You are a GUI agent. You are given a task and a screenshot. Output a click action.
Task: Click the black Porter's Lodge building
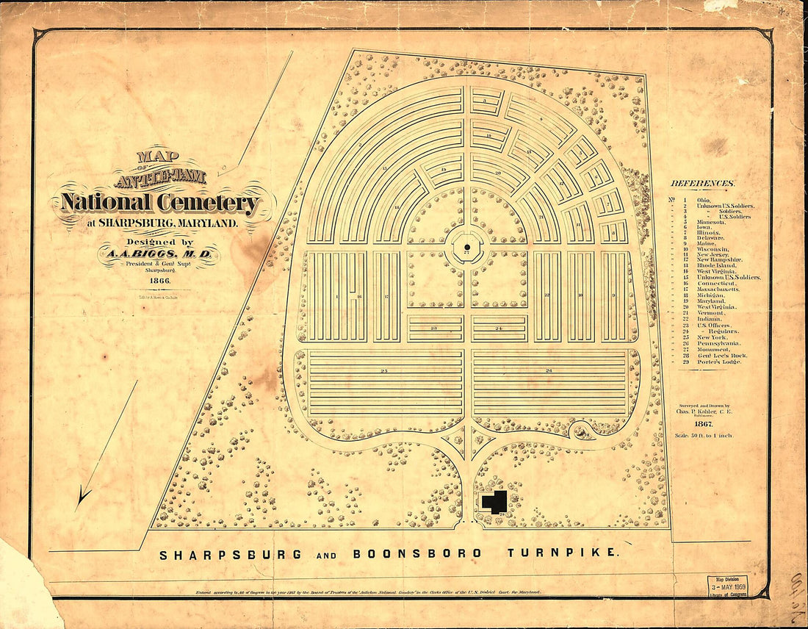494,501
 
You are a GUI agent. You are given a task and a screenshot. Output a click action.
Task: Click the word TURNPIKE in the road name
563,553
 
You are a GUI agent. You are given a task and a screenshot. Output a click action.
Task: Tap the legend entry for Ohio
693,199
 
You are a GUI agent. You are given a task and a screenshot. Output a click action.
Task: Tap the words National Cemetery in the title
160,202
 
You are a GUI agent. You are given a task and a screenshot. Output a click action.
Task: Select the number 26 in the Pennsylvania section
549,371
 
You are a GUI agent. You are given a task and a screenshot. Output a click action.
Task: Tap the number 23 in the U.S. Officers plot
435,328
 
